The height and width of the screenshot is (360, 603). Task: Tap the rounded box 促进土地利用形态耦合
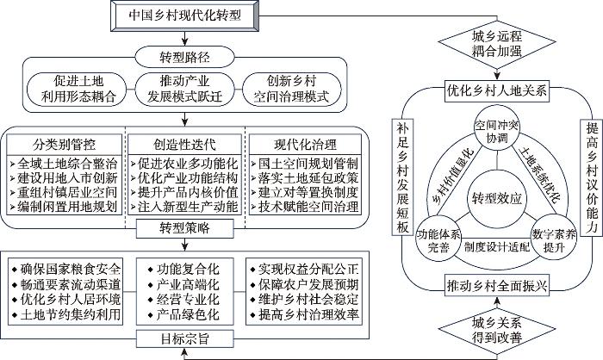coord(77,90)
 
